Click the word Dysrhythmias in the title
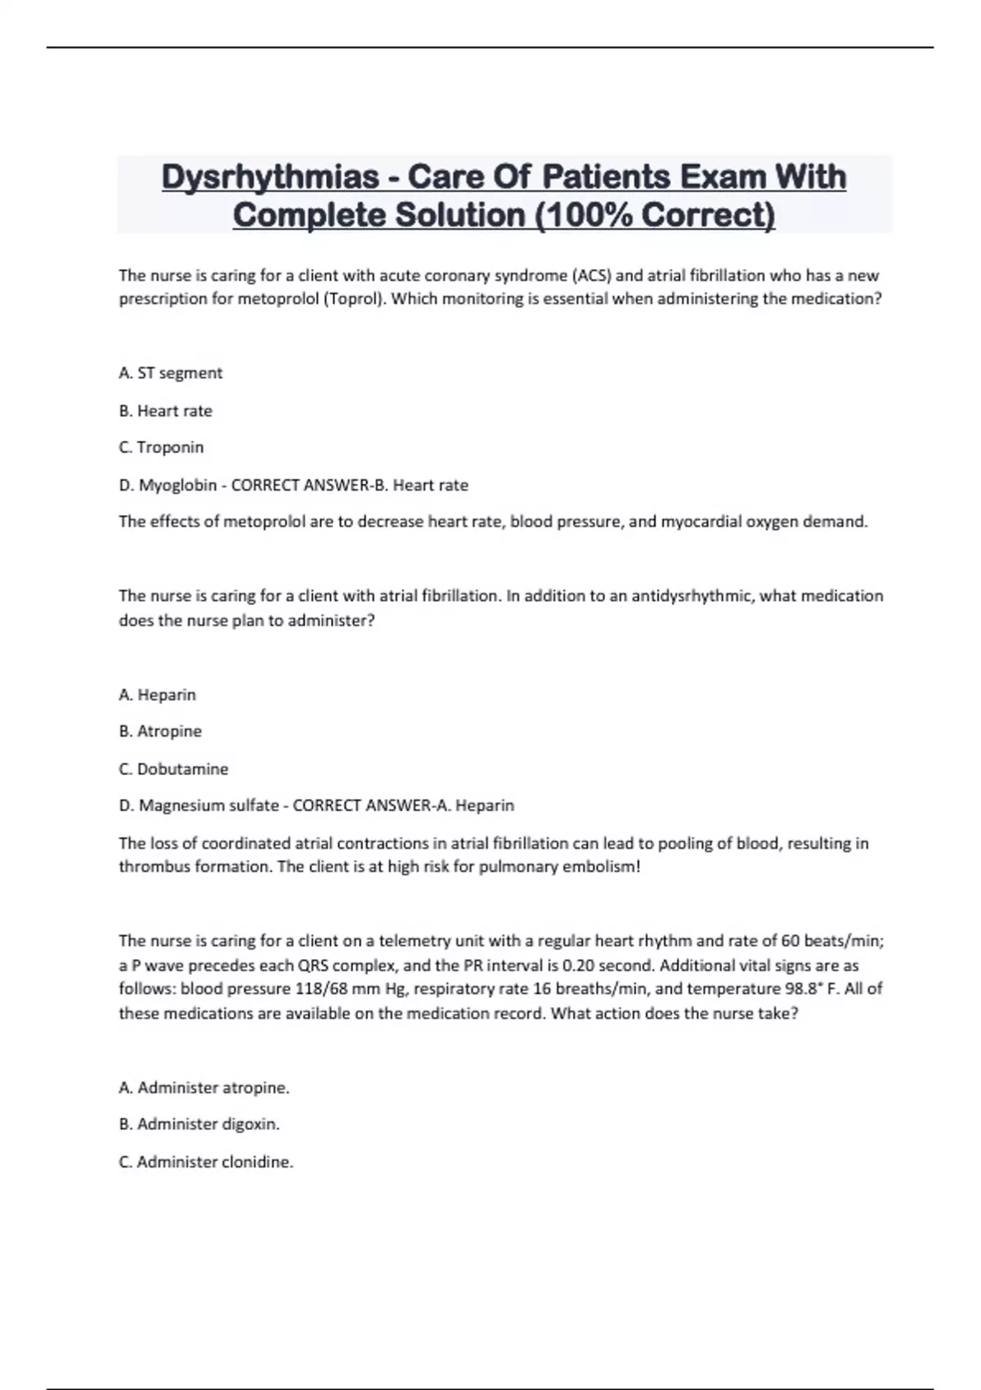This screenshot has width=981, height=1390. click(x=271, y=177)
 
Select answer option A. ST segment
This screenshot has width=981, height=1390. click(x=170, y=373)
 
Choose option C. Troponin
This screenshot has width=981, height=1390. click(x=161, y=447)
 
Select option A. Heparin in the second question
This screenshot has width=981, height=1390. click(x=157, y=694)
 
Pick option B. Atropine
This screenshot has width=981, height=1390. click(x=160, y=731)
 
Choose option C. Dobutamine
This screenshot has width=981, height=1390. click(x=173, y=769)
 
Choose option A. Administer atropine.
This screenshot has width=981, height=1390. click(x=204, y=1087)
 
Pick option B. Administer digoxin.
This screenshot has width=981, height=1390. click(x=199, y=1124)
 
